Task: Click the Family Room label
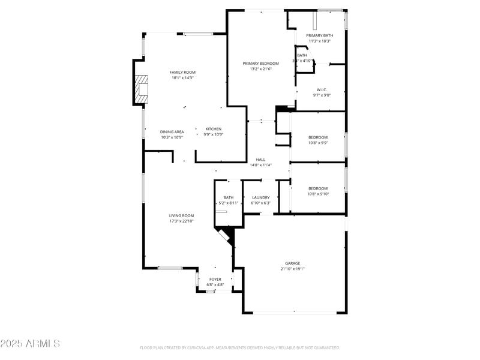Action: point(182,72)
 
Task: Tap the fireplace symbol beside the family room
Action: point(142,89)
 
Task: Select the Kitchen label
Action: point(214,129)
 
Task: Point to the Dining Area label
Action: point(172,131)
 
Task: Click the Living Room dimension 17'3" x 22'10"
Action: point(181,221)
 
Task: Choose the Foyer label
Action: point(215,279)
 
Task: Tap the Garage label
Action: point(292,263)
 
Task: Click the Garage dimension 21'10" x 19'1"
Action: point(292,269)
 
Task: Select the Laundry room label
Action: point(260,197)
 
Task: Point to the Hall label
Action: point(260,160)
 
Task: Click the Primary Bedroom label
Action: point(260,63)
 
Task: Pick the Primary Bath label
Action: point(319,35)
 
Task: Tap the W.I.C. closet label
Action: point(322,90)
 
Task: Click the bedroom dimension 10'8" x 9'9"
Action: point(317,143)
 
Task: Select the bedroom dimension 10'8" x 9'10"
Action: point(317,194)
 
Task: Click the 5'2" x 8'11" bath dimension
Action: point(229,203)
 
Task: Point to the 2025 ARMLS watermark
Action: point(30,344)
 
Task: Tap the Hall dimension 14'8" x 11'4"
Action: point(260,165)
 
